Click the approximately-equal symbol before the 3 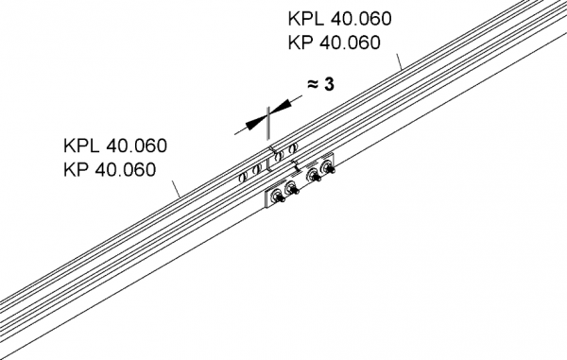coord(311,85)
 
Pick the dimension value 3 coord(329,85)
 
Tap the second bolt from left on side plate coord(292,190)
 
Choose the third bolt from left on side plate coord(315,175)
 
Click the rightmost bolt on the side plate coord(329,168)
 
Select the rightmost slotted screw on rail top coord(296,147)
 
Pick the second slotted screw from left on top coord(255,166)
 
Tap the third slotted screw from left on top coord(278,155)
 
